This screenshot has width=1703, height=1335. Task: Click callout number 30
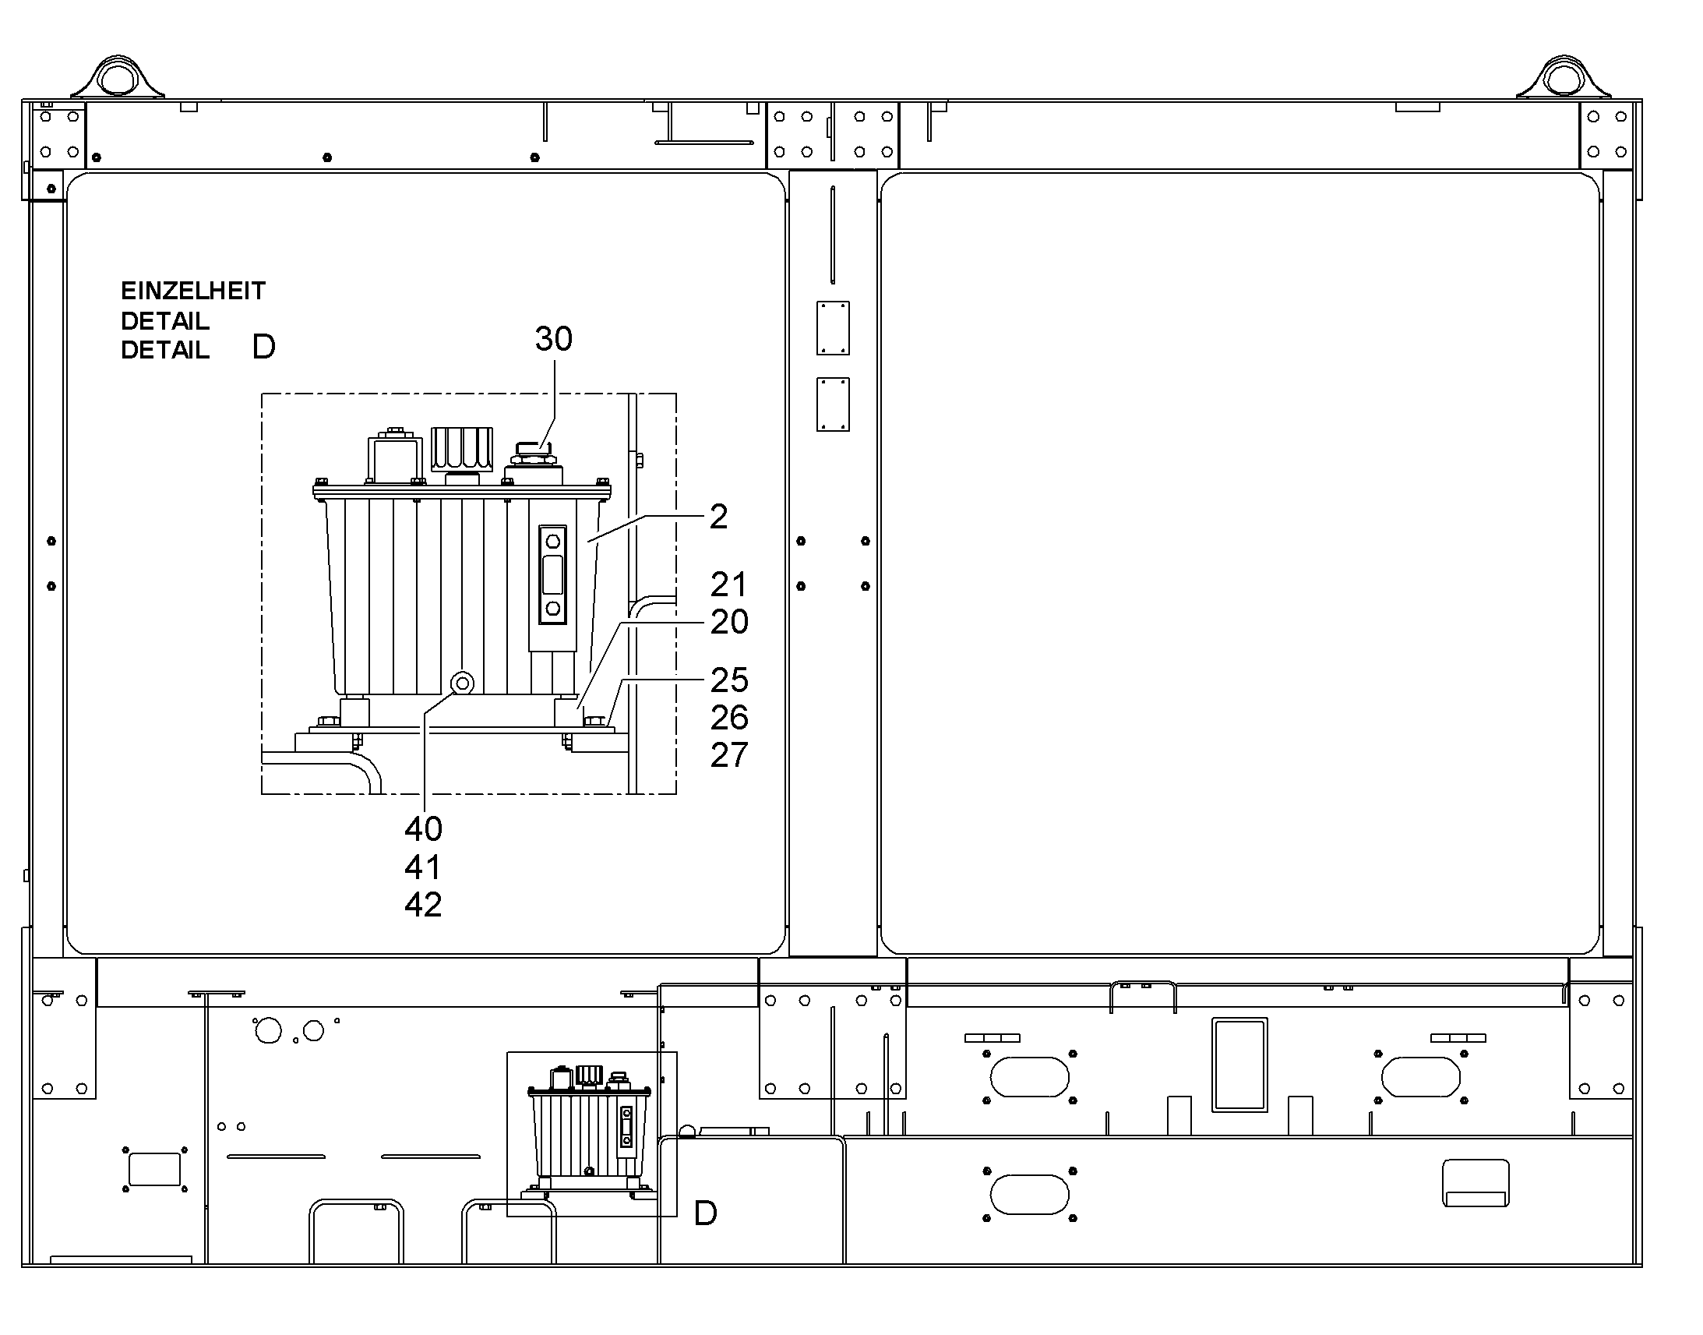click(x=553, y=339)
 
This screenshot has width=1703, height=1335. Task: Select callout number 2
click(x=719, y=517)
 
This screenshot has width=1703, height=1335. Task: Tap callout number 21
click(x=729, y=585)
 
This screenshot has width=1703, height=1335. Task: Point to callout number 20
click(x=729, y=622)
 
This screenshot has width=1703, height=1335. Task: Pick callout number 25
click(x=729, y=681)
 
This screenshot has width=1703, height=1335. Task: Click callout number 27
click(x=729, y=756)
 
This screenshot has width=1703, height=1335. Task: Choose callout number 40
click(x=423, y=828)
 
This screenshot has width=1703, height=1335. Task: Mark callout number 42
click(x=423, y=905)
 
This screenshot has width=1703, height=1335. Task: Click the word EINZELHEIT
click(x=193, y=291)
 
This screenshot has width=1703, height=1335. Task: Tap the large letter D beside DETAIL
click(x=264, y=347)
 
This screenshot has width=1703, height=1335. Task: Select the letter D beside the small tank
click(x=705, y=1214)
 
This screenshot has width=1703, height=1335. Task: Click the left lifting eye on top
click(x=118, y=77)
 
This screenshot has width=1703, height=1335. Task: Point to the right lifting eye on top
click(x=1563, y=77)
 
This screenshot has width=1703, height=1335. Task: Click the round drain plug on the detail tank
click(x=463, y=684)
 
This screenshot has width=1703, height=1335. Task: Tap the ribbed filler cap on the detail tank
click(x=462, y=448)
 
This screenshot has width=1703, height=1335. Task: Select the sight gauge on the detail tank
click(x=552, y=574)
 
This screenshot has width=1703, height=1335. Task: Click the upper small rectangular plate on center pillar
click(x=833, y=328)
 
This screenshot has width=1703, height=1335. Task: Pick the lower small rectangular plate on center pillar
click(x=833, y=405)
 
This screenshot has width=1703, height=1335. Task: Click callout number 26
click(x=729, y=719)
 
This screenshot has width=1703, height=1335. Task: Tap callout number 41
click(x=423, y=867)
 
